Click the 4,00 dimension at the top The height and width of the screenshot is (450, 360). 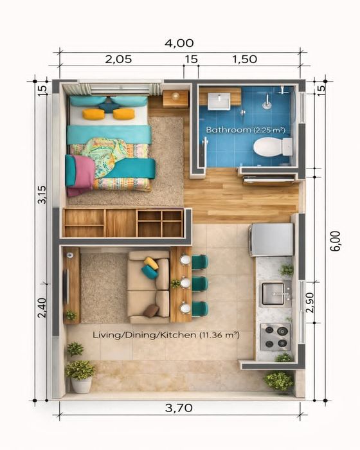tap(179, 43)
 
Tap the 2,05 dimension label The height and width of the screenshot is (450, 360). tap(118, 59)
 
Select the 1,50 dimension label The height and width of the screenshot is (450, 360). tap(244, 59)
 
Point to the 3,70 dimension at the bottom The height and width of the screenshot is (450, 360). tap(179, 408)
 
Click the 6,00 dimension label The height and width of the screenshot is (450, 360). tap(335, 241)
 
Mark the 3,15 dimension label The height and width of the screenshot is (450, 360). tap(42, 195)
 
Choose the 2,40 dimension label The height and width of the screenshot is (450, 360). tap(42, 308)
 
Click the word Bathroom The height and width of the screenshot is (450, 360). tap(228, 130)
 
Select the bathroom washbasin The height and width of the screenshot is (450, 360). tap(219, 102)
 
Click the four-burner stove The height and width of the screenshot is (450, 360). tap(275, 337)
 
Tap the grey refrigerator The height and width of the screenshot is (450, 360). tap(271, 240)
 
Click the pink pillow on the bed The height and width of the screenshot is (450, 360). tap(82, 175)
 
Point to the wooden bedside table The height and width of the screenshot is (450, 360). tap(175, 99)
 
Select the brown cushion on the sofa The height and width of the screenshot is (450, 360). tap(151, 311)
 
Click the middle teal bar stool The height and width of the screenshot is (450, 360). tap(199, 284)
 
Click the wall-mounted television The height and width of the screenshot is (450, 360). tap(67, 287)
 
